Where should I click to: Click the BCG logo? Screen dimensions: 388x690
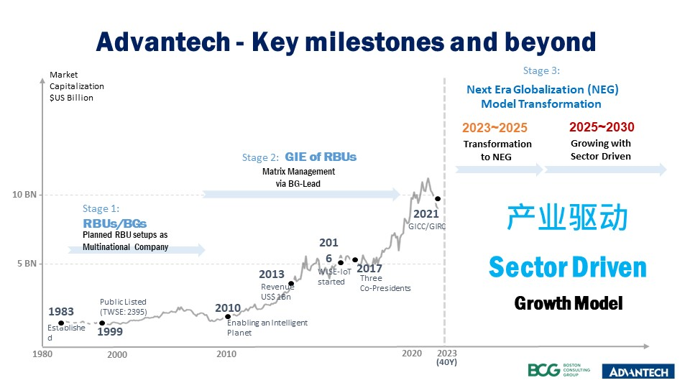coord(562,370)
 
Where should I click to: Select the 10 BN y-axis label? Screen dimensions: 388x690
coord(26,195)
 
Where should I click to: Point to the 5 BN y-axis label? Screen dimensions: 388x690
coord(27,264)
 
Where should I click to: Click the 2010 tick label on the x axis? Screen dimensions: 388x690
coord(226,354)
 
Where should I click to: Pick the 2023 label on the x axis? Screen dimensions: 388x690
coord(446,353)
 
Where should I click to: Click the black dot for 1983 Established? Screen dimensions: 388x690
coord(60,323)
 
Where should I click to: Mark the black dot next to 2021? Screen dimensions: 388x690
coord(438,199)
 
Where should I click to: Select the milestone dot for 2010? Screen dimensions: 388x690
coord(228,316)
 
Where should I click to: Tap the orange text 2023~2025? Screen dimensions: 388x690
coord(494,128)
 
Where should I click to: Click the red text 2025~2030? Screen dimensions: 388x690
coord(602,127)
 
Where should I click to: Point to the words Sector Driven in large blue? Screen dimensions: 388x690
coord(568,267)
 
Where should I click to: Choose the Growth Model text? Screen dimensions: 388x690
coord(568,303)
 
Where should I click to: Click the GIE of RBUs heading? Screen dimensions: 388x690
coord(321,157)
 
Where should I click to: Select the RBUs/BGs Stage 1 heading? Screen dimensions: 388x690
coord(110,223)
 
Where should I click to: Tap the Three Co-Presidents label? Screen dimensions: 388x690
coord(385,283)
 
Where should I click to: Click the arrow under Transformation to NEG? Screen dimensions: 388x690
coord(500,170)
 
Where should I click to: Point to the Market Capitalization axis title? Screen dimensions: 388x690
coord(71,86)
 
